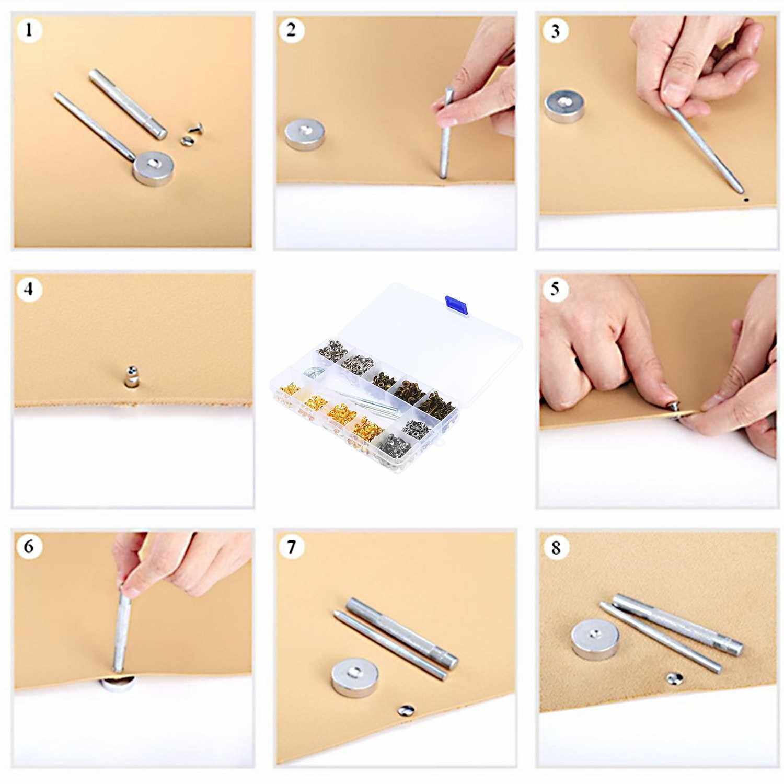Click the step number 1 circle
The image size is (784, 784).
click(x=29, y=30)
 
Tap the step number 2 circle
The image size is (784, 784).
click(x=291, y=30)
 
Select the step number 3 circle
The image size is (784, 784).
click(x=555, y=31)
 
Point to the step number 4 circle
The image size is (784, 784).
click(x=29, y=289)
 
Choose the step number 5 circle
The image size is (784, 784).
click(x=555, y=289)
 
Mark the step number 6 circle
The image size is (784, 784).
click(x=29, y=546)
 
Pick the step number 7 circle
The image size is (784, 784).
click(x=292, y=547)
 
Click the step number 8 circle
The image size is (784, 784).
click(x=556, y=547)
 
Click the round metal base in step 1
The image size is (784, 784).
click(x=154, y=167)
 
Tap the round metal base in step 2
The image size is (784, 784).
click(x=304, y=134)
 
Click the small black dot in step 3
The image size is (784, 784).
click(x=745, y=199)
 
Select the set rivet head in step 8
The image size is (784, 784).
click(x=674, y=679)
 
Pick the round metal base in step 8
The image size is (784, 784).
click(x=595, y=639)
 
